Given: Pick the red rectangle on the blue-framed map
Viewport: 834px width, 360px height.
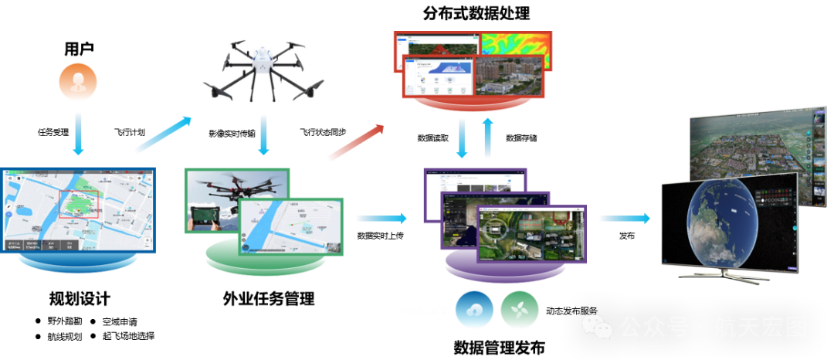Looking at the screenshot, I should tap(79, 202).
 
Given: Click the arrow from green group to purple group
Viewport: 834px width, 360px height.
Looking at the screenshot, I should tap(381, 219).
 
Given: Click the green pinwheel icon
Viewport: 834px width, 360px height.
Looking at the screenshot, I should tap(519, 310).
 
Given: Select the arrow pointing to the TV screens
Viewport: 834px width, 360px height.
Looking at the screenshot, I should tap(624, 219).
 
